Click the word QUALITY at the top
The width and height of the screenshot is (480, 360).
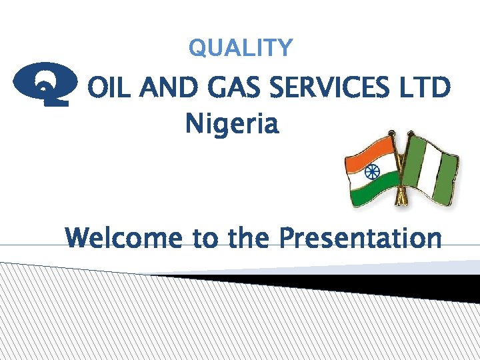coord(240,48)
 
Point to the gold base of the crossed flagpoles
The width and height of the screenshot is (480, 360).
coord(402,199)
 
